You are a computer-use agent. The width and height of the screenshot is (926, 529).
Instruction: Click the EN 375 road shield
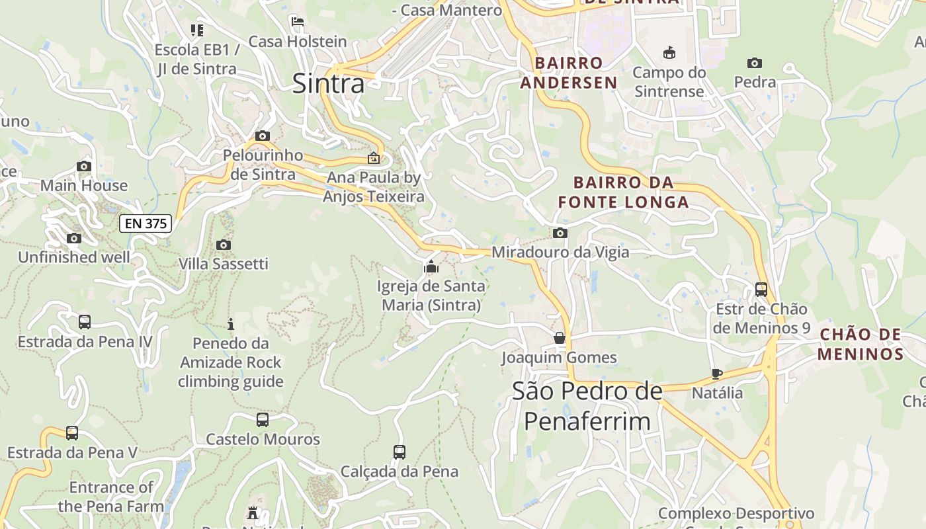click(x=146, y=224)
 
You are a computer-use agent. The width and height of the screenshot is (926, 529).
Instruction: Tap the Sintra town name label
click(x=328, y=84)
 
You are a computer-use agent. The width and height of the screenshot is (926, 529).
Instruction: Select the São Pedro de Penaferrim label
click(x=587, y=406)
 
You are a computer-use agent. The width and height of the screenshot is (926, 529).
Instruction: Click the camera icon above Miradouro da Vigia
click(x=560, y=233)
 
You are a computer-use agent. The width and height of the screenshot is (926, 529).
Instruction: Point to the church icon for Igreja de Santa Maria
click(x=431, y=267)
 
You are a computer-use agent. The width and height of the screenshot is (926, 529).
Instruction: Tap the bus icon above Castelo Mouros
click(x=263, y=420)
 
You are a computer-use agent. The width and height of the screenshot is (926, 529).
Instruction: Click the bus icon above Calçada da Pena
click(x=400, y=452)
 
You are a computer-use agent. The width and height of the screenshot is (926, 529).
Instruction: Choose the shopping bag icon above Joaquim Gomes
click(x=560, y=339)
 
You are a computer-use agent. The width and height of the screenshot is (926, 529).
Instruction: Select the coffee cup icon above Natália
click(x=717, y=374)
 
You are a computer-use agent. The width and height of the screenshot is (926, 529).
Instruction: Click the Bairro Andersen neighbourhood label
click(x=569, y=73)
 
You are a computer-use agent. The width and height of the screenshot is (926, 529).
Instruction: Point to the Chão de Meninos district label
click(x=861, y=344)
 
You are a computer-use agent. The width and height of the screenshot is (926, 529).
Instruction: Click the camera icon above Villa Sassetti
click(x=224, y=245)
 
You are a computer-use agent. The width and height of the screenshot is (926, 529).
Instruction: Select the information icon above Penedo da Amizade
click(x=231, y=324)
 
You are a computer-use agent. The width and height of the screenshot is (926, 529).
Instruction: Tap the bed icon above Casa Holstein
click(x=298, y=22)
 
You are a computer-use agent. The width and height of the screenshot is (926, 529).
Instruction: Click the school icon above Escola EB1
click(x=196, y=30)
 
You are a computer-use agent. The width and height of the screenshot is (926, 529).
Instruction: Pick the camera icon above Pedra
click(x=755, y=63)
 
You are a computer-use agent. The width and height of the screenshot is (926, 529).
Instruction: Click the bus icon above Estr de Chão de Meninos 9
click(x=761, y=289)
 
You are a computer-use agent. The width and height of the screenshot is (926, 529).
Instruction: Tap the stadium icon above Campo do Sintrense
click(x=669, y=52)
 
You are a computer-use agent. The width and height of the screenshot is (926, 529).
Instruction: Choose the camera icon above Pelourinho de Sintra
click(x=263, y=136)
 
